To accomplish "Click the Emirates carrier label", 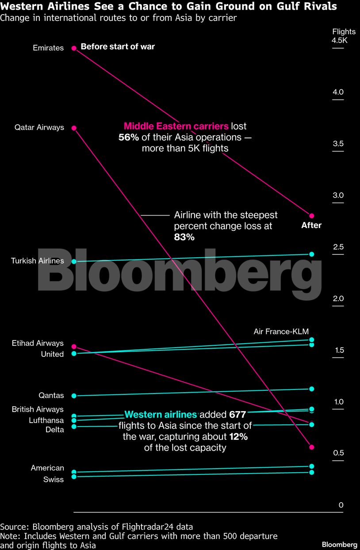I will pos(48,48).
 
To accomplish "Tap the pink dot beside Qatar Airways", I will pos(74,128).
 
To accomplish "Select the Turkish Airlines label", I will pos(37,261).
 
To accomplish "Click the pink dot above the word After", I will pos(311,216).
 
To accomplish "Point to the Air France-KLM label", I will pos(281,332).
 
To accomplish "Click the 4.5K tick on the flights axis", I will pos(340,41).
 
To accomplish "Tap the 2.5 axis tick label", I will pos(338,247).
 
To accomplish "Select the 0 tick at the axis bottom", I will pos(341,505).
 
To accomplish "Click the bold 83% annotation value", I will pos(184,237).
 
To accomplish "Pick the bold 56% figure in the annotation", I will pos(129,137).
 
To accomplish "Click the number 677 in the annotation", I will pos(237,415).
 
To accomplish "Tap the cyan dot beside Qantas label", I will pos(74,396).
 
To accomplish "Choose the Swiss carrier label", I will pos(54,479).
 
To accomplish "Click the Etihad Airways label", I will pos(38,343).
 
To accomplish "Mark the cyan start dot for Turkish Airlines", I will pos(74,261).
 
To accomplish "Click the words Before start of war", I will pos(118,46).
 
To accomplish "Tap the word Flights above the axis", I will pos(343,31).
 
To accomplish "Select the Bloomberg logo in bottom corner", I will pos(339,544).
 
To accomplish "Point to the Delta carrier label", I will pos(54,429).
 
